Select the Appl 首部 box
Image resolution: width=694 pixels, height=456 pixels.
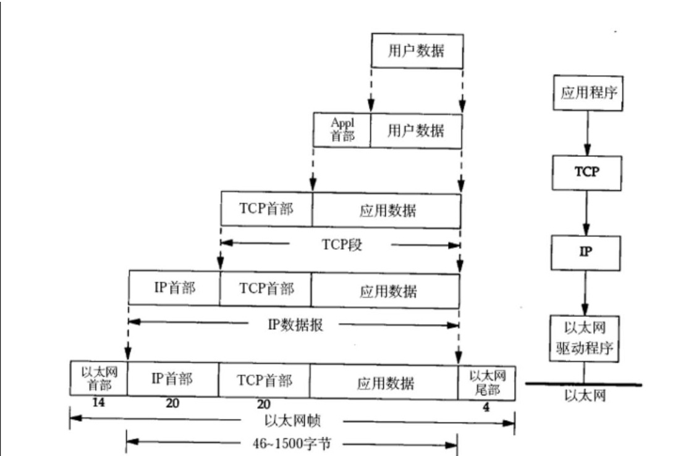click(342, 130)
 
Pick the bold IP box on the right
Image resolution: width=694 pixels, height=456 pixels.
click(586, 251)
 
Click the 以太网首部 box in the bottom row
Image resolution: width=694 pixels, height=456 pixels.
click(98, 379)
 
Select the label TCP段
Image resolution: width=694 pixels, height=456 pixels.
click(341, 245)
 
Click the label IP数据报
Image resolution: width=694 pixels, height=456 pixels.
click(296, 324)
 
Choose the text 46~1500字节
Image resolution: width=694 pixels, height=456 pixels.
click(292, 443)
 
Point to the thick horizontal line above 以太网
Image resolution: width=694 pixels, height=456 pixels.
click(583, 384)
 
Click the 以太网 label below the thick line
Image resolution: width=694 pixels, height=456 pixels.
click(584, 396)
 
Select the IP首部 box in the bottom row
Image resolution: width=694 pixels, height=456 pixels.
click(172, 379)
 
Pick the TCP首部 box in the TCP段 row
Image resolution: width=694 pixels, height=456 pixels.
click(266, 209)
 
